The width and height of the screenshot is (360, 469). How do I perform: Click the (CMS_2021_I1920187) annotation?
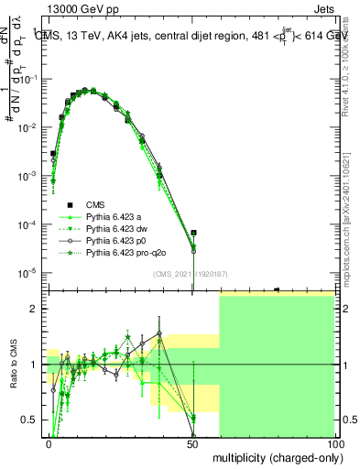(190, 273)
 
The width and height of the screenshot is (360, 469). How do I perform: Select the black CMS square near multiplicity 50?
(193, 234)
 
